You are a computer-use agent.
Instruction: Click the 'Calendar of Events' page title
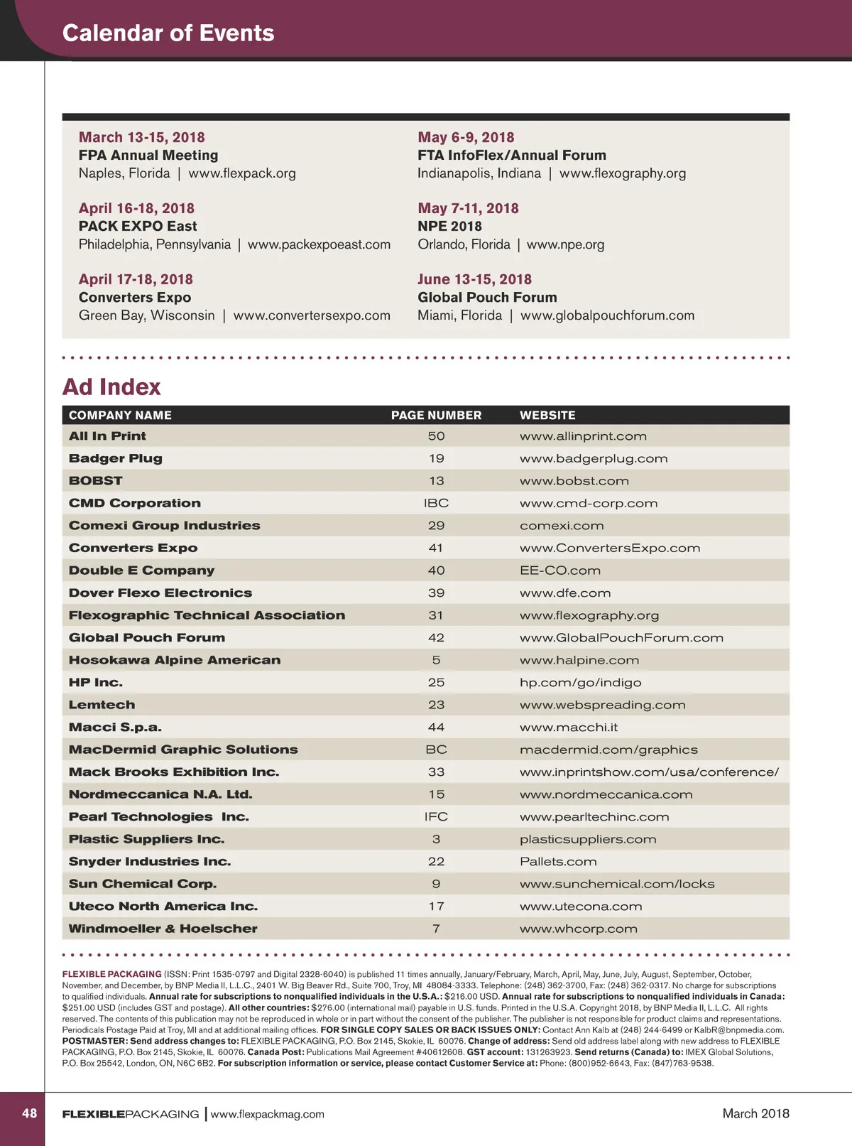168,33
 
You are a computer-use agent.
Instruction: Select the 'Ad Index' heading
111,386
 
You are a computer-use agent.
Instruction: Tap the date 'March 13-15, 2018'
141,137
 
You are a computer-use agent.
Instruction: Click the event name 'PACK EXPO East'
138,226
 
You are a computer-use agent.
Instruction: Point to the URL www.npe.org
565,244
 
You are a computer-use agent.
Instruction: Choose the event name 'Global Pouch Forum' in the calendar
487,297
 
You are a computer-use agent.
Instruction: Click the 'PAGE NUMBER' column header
436,415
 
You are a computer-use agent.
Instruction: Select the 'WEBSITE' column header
547,415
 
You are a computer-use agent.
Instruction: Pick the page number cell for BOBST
436,481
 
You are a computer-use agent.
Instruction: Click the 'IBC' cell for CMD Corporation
436,503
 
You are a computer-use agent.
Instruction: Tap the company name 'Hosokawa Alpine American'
175,660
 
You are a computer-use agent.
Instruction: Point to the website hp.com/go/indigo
580,683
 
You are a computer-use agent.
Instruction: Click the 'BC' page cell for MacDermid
436,750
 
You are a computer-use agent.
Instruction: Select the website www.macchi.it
568,728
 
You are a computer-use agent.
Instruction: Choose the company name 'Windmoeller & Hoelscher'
163,929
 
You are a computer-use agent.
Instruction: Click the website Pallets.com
558,862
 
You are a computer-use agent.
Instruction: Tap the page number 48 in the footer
29,1113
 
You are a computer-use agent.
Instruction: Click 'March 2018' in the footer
755,1113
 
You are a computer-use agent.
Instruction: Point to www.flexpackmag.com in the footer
267,1114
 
